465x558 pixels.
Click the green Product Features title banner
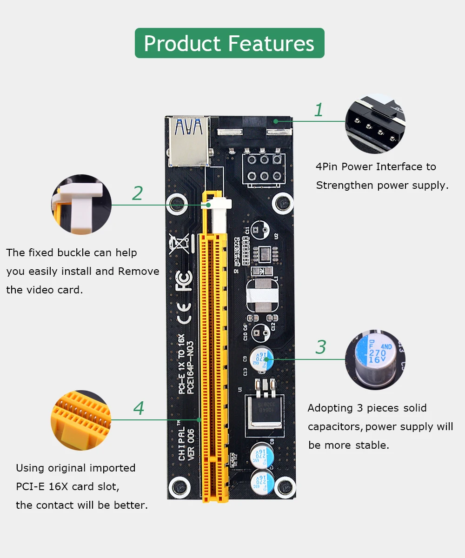(x=229, y=43)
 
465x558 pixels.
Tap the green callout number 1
(x=319, y=110)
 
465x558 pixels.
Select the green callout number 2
(x=137, y=193)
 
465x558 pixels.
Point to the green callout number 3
(x=321, y=347)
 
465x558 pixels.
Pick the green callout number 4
(x=139, y=408)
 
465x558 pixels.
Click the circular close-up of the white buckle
(x=81, y=204)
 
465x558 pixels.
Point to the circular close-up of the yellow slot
(x=81, y=420)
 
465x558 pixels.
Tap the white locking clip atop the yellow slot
(x=218, y=204)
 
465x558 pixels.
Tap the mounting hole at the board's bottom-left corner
(x=179, y=487)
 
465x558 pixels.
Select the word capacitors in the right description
(x=335, y=426)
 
